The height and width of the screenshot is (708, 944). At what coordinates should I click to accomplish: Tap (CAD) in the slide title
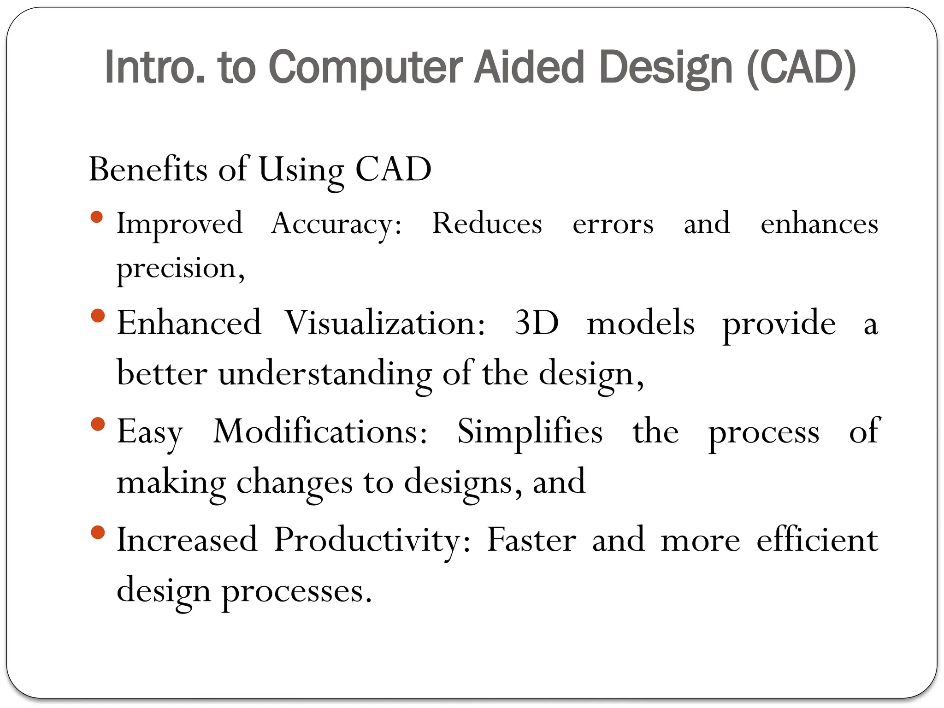801,68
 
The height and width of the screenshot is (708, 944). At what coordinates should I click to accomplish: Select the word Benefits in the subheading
148,169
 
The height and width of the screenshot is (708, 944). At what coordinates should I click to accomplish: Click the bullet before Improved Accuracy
97,217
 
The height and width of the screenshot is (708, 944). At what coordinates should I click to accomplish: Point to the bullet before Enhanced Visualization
98,316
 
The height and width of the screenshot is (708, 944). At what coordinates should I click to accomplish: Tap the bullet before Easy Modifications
98,424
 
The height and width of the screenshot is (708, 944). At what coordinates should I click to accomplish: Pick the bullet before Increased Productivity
98,533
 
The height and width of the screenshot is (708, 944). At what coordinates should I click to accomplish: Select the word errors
613,224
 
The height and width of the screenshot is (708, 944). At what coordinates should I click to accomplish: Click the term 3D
537,323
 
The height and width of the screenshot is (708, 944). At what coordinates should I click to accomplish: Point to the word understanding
325,373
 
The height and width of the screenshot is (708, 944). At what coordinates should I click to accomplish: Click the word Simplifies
530,432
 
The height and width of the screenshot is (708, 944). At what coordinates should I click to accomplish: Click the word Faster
531,540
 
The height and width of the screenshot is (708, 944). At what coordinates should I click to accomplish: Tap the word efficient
817,540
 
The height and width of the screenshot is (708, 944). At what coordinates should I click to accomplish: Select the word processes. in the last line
297,591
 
